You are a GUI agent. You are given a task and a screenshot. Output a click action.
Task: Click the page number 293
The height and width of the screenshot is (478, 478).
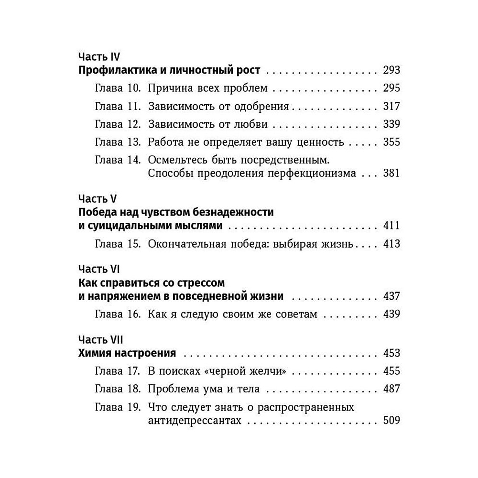391,71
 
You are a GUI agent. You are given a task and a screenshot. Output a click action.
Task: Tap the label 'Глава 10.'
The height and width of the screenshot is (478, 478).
117,88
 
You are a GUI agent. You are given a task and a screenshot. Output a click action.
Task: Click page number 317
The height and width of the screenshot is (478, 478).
391,106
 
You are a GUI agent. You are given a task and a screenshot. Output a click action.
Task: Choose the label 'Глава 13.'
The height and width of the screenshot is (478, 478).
117,142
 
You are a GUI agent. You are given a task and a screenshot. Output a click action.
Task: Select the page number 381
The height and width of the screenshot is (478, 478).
391,173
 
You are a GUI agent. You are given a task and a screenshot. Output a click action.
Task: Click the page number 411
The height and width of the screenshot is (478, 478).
391,226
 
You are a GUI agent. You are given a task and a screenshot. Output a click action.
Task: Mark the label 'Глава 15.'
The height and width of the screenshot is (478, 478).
117,244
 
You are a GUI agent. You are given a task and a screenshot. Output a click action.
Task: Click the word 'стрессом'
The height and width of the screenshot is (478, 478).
200,282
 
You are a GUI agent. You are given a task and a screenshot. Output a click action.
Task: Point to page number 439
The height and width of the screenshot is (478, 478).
391,314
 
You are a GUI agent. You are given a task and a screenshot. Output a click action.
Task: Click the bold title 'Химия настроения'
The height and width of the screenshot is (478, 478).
127,354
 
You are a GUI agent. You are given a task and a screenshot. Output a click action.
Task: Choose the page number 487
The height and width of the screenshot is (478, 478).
391,389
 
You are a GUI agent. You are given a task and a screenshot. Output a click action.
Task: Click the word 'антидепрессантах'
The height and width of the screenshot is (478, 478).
194,421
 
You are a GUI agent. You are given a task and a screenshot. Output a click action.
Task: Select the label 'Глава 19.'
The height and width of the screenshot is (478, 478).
117,408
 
